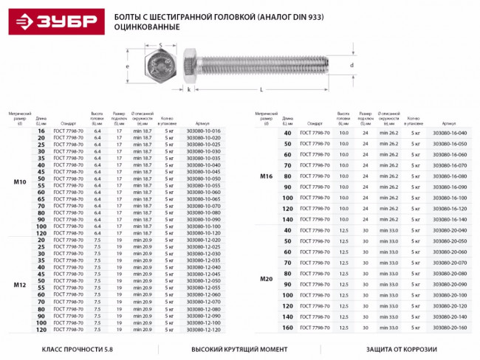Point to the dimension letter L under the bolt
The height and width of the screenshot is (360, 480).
(262, 89)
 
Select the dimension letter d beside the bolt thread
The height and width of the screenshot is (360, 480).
(352, 66)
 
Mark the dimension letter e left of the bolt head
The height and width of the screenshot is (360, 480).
(128, 66)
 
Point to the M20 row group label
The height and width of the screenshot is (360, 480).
(267, 278)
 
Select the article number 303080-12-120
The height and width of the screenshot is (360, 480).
(204, 329)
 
